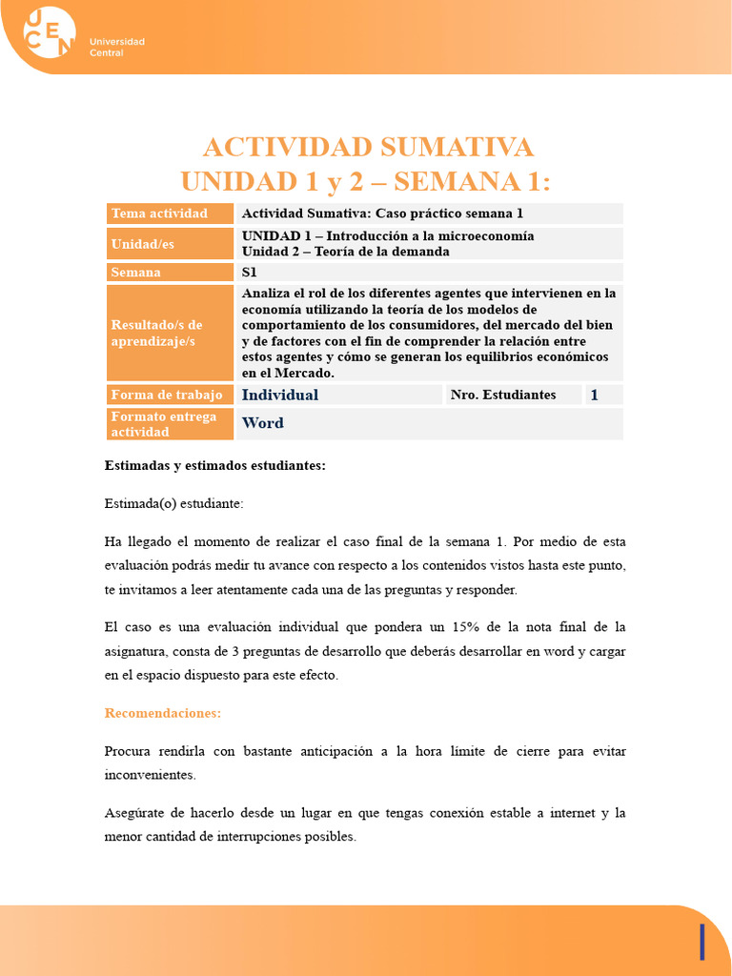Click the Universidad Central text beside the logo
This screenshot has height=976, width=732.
[116, 47]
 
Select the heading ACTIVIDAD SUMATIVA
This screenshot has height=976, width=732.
[368, 148]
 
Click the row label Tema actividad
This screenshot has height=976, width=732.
[159, 213]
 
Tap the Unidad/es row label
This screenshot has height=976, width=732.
[142, 244]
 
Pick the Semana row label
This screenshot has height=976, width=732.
[136, 273]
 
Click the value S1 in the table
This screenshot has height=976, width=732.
[250, 273]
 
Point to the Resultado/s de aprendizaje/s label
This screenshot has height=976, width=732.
[157, 333]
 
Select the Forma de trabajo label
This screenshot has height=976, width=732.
[167, 395]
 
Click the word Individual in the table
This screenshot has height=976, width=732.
[280, 395]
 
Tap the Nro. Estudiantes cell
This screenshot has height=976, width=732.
[503, 395]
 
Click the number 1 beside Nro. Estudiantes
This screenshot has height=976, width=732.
[595, 395]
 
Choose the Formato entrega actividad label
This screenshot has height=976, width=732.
[164, 424]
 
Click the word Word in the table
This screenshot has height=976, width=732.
[263, 423]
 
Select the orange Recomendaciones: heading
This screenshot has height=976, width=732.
[163, 713]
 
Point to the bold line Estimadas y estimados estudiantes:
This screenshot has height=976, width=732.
[215, 465]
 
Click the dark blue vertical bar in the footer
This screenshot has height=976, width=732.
[702, 942]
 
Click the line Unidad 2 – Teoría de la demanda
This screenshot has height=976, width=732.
[345, 252]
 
